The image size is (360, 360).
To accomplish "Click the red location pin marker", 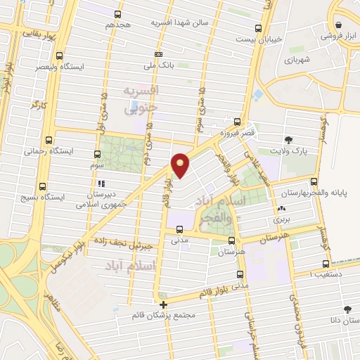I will coord(181,165).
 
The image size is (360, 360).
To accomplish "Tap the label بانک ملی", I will coord(159,67).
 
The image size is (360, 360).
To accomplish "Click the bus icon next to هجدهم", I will coord(117,13).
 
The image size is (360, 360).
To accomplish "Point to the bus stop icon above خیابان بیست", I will coord(259,28).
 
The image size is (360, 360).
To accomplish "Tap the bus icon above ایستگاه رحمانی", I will coord(48,139).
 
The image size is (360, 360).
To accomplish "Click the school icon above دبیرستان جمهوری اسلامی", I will coord(101,183).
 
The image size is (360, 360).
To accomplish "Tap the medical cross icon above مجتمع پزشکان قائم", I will coord(163,304).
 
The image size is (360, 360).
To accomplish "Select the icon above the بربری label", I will coord(282,209).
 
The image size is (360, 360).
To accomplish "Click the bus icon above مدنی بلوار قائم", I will coord(240,274).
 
